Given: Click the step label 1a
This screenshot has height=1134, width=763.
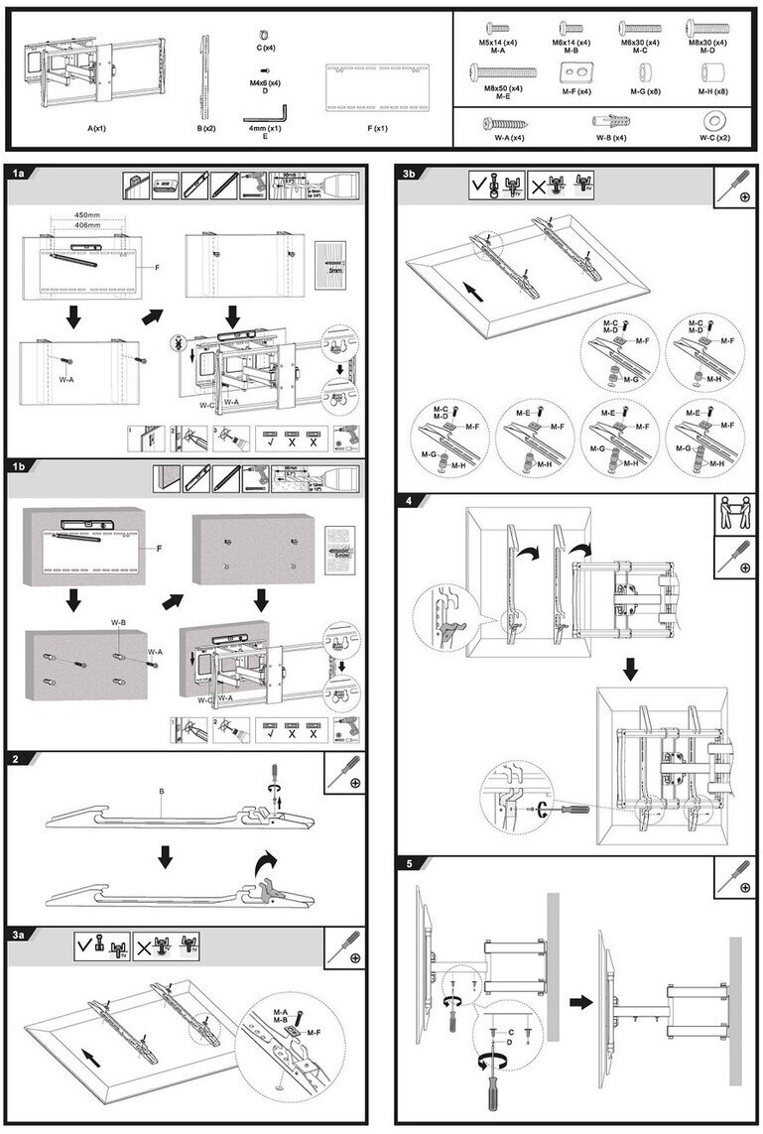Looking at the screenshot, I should click(x=18, y=173).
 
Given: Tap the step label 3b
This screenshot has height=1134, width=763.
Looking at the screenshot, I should click(x=409, y=173).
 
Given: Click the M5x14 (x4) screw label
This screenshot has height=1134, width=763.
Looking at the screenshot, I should click(x=499, y=43).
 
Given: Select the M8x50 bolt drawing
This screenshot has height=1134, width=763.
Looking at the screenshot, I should click(x=504, y=71).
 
